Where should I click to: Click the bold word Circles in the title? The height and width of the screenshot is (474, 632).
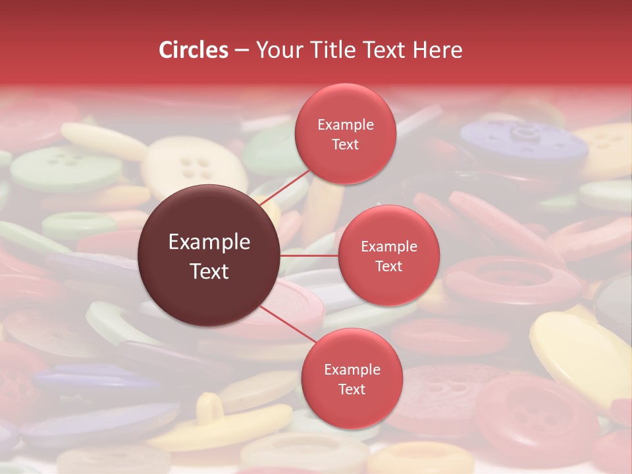(x=193, y=49)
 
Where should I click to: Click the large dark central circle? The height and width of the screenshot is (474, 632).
(x=209, y=256)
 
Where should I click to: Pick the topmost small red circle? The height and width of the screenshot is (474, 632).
(x=345, y=134)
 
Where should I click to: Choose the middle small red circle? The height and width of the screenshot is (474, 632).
(x=388, y=255)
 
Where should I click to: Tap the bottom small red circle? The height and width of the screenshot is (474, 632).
(x=352, y=379)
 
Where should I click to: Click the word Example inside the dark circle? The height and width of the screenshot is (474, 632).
(x=209, y=242)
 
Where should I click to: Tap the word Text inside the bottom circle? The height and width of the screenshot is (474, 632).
(x=352, y=389)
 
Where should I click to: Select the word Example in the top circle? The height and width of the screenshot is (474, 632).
(x=345, y=124)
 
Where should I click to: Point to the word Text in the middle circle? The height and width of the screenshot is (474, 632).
(x=388, y=266)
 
